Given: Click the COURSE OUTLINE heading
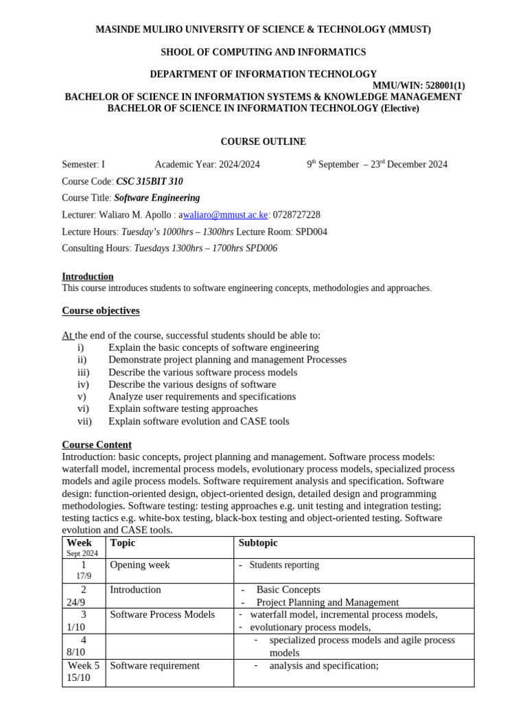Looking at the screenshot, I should (x=263, y=142).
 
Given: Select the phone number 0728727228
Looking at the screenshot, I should (x=296, y=215).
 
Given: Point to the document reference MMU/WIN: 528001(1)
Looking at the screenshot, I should (x=419, y=85).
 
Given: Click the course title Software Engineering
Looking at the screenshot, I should (x=157, y=198).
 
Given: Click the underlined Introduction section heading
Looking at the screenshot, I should (x=88, y=277).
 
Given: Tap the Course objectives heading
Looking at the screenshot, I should (x=101, y=311).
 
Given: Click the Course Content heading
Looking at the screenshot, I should (x=97, y=445).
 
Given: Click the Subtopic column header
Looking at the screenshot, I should (x=258, y=543).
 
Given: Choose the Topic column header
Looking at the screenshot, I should (x=123, y=543).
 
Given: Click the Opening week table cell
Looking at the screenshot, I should (x=140, y=565).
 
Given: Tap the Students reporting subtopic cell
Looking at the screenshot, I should (x=284, y=565).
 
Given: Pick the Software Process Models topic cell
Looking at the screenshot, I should (x=163, y=614).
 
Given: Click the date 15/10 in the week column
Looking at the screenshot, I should (x=78, y=678).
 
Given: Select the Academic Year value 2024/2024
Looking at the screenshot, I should (x=238, y=164).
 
